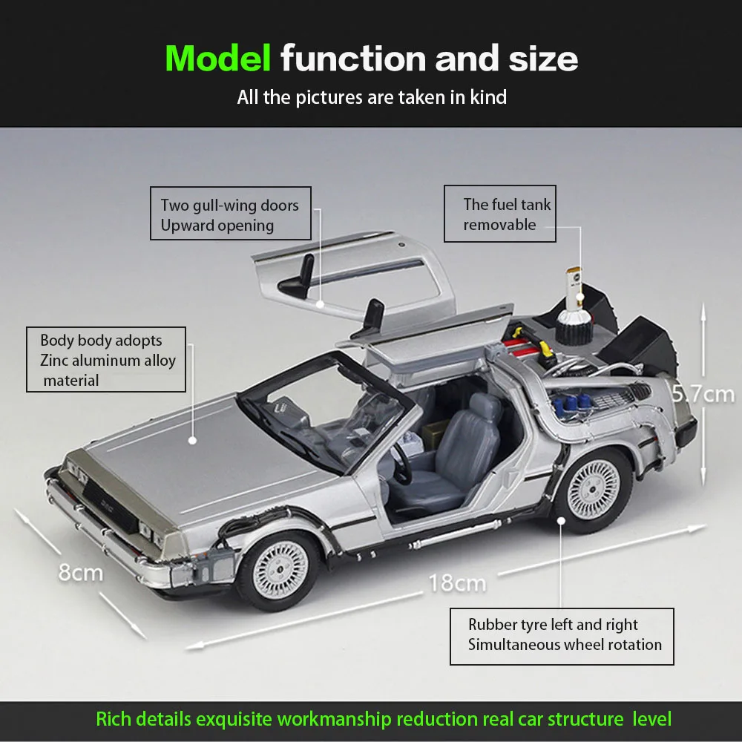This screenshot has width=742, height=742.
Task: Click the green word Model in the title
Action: [217, 58]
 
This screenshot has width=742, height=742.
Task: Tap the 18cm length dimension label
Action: [456, 582]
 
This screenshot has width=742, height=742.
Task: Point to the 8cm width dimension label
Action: [81, 573]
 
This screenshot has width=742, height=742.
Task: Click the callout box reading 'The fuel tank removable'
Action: [500, 214]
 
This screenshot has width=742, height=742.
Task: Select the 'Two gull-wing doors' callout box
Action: [230, 215]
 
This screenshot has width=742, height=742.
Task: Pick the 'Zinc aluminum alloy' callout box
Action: [105, 360]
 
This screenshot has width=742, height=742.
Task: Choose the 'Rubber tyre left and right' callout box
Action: [562, 635]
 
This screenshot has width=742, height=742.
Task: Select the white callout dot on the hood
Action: [191, 439]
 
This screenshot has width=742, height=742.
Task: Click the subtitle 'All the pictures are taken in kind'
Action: [372, 96]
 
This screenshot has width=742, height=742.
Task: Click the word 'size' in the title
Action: [539, 58]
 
